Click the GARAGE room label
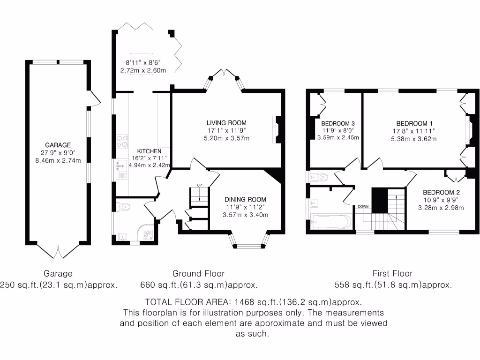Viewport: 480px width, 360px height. coord(58,145)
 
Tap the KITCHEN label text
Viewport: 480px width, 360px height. coord(149,151)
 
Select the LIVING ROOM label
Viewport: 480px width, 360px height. coord(227,123)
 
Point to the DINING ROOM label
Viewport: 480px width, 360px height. coord(245,199)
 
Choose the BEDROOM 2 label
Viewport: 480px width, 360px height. coord(441,192)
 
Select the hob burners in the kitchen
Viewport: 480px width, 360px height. coord(122,141)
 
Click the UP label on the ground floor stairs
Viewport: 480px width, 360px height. coord(199,185)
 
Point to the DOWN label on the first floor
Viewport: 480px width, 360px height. coord(363,206)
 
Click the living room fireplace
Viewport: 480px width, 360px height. coord(276,130)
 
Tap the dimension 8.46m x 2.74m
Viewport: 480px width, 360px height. coord(58,160)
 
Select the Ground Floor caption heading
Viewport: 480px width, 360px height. coord(198,273)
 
